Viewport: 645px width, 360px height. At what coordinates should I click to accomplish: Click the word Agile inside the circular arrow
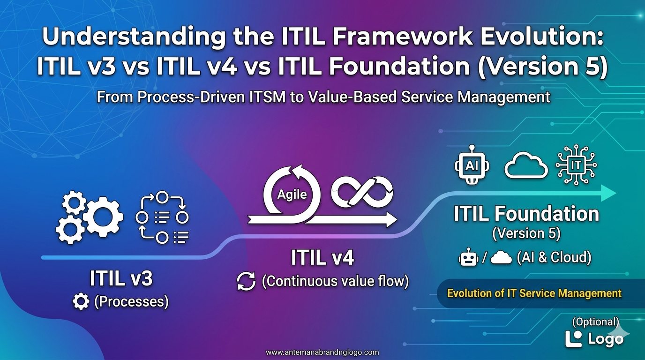point(292,195)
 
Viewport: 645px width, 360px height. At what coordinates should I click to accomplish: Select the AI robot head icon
point(472,165)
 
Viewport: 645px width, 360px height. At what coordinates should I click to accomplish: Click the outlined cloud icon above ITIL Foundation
point(526,165)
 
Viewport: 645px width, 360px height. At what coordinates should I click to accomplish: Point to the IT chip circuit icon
point(576,165)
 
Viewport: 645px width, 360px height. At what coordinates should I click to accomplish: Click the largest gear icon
point(103,217)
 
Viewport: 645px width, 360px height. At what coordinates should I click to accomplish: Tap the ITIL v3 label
point(121,278)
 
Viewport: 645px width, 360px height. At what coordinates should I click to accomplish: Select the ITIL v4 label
point(322,257)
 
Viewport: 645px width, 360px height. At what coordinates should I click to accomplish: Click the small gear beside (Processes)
point(81,301)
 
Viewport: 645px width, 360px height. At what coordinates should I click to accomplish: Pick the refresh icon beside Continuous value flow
point(246,281)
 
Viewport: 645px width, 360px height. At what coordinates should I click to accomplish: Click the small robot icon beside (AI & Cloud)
point(468,257)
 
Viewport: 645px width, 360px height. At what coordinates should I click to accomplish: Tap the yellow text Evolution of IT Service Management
point(534,293)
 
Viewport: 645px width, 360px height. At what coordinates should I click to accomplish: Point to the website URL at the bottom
point(322,352)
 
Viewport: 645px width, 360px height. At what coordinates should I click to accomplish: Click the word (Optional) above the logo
point(595,322)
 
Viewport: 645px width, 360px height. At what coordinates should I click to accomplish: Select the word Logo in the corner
point(606,339)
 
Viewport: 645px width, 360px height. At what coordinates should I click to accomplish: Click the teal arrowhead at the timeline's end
point(608,193)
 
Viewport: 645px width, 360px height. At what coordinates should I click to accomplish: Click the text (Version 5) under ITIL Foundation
point(526,233)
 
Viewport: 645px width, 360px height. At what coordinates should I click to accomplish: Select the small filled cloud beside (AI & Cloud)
point(501,257)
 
